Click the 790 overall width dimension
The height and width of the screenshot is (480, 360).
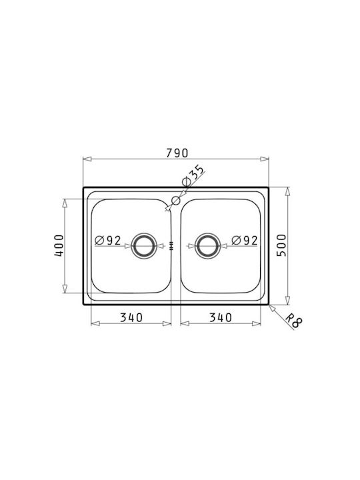tap(177, 153)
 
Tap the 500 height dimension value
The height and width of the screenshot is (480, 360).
tap(281, 245)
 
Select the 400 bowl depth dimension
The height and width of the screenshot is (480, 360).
tap(59, 245)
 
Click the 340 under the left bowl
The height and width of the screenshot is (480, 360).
tap(131, 317)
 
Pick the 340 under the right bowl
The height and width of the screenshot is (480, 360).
tap(221, 317)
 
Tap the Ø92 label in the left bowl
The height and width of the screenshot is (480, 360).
tap(108, 240)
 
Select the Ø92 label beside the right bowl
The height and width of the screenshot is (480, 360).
tap(245, 240)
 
